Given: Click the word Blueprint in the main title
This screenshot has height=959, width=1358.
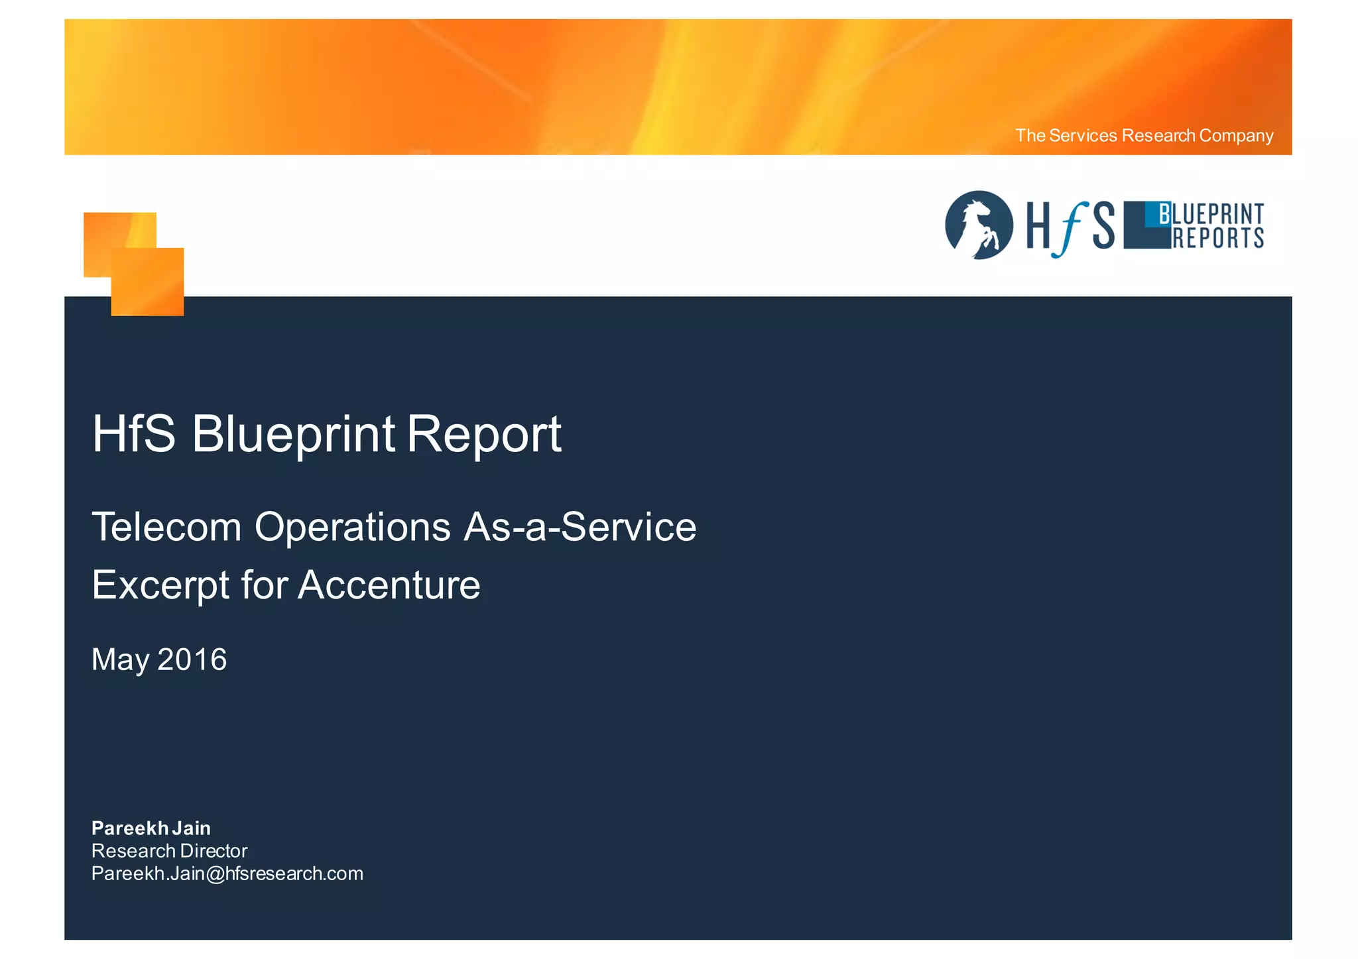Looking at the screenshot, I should pos(293,434).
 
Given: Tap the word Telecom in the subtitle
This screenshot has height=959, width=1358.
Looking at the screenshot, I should pos(166,528).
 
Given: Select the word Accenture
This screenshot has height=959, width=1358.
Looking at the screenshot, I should pos(389,585).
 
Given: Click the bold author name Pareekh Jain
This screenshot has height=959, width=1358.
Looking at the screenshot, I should pos(151,828).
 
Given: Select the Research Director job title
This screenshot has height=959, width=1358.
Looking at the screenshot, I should pos(169,851).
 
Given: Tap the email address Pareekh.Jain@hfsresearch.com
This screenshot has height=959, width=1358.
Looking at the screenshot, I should pos(227,874).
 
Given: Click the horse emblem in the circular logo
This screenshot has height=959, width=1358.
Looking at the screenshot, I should pos(979,225).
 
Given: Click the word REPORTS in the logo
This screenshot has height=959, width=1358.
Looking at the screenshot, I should pos(1218,238).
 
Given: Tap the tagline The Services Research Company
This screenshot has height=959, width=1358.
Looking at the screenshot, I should pos(1144,136).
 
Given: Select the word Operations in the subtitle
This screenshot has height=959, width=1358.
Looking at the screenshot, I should pos(352,528).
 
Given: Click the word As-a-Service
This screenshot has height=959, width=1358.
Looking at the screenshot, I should pos(580,528).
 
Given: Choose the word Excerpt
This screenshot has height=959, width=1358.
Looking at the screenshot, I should pos(161,585).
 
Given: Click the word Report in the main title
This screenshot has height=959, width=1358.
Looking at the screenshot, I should pos(483,434).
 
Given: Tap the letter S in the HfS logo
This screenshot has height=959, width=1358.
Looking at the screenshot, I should pos(1103,226).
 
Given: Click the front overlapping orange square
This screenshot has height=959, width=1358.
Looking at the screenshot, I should pos(147,282).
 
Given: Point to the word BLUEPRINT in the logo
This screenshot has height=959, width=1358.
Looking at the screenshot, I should pos(1211,215).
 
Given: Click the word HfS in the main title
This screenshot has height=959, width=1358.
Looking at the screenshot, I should pos(134,434).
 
